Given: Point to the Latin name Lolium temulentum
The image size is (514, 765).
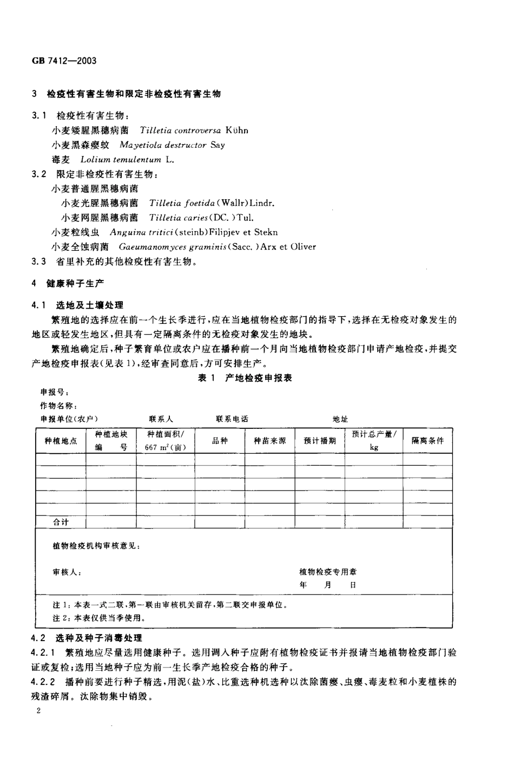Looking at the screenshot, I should coord(120,160).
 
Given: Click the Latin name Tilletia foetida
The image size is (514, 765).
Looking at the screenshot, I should coord(182,203).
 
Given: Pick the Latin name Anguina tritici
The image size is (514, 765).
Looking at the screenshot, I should coord(137,232).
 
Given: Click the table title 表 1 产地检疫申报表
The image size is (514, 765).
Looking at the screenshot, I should coord(245,378).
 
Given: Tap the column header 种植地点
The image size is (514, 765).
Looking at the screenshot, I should coord(61,441).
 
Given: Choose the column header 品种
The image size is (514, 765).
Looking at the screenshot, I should coord(220,441).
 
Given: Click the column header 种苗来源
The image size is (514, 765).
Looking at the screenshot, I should coord(270,441).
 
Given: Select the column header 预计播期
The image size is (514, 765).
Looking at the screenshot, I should coord(320,441).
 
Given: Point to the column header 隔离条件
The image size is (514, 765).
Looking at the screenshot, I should coord(427,441).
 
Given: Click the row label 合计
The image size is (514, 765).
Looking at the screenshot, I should coord(61,522).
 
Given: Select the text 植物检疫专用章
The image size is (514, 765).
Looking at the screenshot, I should coord(328,572).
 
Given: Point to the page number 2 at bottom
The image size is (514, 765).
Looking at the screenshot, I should coord(38,711).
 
